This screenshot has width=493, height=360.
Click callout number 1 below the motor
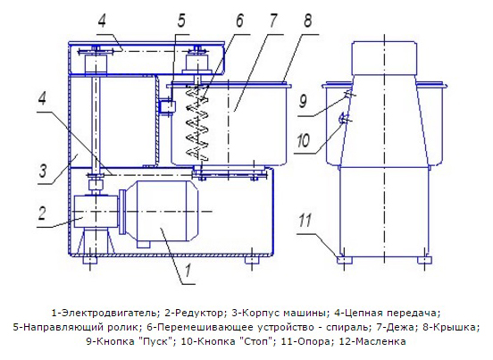188,271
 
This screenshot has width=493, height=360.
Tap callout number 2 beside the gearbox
42,213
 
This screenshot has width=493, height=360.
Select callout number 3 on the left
43,171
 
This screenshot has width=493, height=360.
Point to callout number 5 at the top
181,21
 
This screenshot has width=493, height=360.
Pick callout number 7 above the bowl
273,21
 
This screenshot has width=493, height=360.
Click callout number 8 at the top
307,21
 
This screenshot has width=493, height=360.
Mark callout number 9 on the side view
303,101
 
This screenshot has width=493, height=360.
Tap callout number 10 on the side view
303,140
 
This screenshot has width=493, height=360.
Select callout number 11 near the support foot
305,220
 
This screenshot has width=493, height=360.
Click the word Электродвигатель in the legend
107,314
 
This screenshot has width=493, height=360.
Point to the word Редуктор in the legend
198,314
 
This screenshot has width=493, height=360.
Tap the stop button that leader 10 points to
344,119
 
